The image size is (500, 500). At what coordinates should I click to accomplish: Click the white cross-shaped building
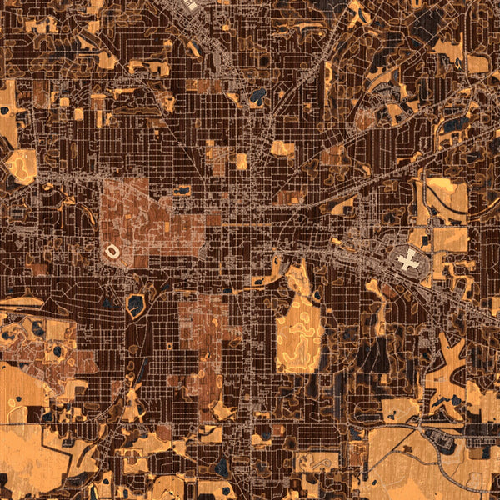pyautogui.click(x=408, y=261)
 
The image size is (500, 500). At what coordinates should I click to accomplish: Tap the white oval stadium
pyautogui.click(x=111, y=250)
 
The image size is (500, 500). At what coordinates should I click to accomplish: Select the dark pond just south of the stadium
pyautogui.click(x=135, y=306)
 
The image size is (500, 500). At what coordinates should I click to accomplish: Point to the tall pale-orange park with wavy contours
pyautogui.click(x=300, y=329)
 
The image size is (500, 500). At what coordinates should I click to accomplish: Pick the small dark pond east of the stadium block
pyautogui.click(x=182, y=191)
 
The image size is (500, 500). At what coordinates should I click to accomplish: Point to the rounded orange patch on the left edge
pyautogui.click(x=22, y=167)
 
